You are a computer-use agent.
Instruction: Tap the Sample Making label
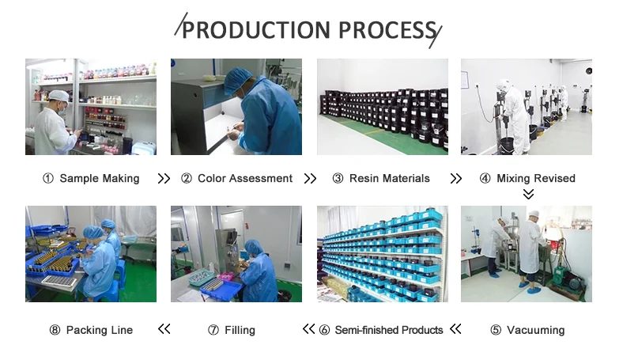click(x=99, y=179)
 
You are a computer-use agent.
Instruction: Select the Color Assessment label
click(x=244, y=179)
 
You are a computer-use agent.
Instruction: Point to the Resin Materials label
click(x=389, y=179)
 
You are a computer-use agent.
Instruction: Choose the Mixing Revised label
click(x=535, y=179)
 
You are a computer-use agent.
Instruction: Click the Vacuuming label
click(x=535, y=330)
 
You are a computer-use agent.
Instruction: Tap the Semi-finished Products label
click(x=388, y=330)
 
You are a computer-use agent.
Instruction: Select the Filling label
click(x=239, y=330)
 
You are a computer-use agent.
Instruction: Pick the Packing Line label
click(x=99, y=330)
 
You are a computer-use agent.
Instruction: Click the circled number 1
click(x=47, y=179)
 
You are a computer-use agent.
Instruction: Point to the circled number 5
click(x=496, y=330)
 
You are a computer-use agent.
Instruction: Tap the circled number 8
click(x=55, y=330)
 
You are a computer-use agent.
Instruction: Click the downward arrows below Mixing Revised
click(x=528, y=194)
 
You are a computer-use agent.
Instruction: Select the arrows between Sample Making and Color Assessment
click(x=164, y=179)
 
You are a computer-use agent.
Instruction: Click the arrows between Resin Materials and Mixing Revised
click(x=455, y=179)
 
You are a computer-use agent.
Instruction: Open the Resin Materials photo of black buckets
click(x=382, y=107)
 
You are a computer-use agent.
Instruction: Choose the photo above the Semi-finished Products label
click(x=382, y=254)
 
